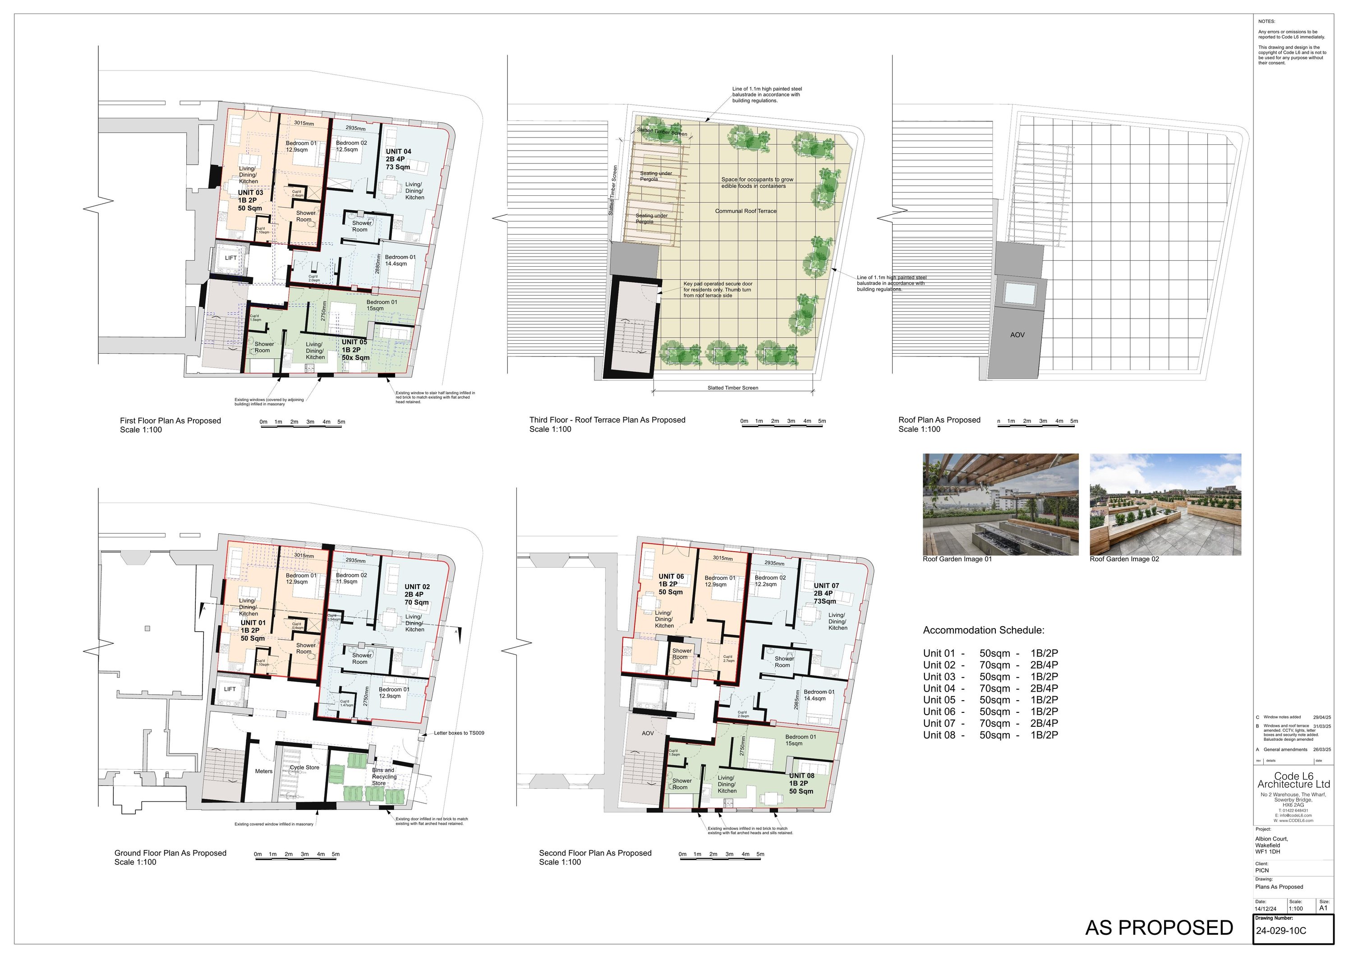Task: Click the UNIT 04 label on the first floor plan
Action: tap(398, 152)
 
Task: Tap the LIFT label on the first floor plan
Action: tap(230, 258)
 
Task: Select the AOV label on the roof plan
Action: tap(1017, 335)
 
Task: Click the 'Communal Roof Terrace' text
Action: tap(746, 211)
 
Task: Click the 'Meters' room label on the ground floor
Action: tap(263, 771)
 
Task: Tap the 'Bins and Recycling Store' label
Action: tap(384, 776)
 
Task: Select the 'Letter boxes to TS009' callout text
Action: tap(459, 733)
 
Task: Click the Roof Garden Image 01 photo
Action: tap(1000, 504)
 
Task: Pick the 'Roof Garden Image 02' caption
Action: tap(1124, 559)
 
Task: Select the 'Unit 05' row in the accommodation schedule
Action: tap(990, 700)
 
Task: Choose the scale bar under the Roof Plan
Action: tap(1037, 424)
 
